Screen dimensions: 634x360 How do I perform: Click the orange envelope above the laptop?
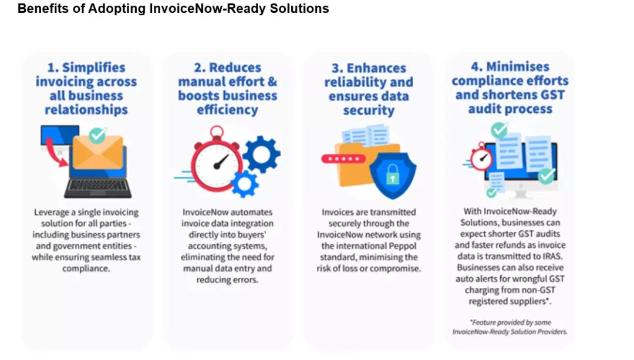pyautogui.click(x=98, y=152)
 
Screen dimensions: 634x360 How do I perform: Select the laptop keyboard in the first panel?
pyautogui.click(x=98, y=187)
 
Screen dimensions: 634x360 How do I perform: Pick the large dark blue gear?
pyautogui.click(x=261, y=154)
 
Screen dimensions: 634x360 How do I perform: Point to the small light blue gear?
pyautogui.click(x=245, y=184)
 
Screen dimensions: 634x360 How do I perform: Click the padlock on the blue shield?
pyautogui.click(x=392, y=175)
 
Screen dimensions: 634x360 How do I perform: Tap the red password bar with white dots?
pyautogui.click(x=343, y=159)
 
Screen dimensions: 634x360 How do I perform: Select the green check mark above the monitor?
pyautogui.click(x=500, y=130)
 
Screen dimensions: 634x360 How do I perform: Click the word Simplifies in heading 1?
pyautogui.click(x=94, y=67)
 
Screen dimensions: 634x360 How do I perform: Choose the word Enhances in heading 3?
pyautogui.click(x=376, y=68)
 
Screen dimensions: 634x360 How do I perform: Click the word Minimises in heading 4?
pyautogui.click(x=518, y=66)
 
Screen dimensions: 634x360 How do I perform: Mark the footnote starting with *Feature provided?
pyautogui.click(x=510, y=327)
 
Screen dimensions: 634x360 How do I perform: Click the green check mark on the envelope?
pyautogui.click(x=97, y=135)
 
